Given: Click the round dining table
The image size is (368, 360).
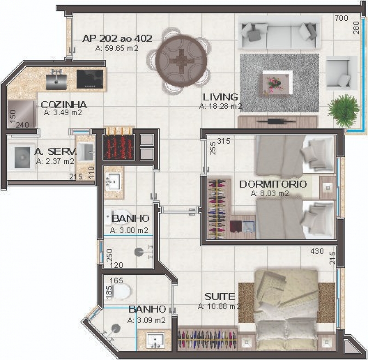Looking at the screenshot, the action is (181, 61).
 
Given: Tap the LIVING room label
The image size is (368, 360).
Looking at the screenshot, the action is (220, 97).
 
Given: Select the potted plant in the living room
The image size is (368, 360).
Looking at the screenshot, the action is (343, 108).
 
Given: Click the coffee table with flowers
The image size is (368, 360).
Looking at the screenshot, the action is (277, 82).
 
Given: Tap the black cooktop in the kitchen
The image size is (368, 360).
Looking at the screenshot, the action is (90, 79).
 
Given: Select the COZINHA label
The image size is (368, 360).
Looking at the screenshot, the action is (64, 105).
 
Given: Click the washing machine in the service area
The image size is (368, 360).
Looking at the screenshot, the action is (21, 157).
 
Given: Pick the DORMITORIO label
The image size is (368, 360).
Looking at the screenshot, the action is (273, 184).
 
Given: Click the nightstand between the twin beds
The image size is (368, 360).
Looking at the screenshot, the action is (328, 187).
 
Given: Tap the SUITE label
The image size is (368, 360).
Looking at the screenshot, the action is (219, 296).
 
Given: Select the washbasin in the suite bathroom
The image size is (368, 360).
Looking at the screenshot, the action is (155, 340).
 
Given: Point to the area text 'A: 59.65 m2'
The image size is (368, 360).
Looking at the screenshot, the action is (117, 48).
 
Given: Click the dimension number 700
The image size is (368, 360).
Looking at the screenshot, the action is (341, 18).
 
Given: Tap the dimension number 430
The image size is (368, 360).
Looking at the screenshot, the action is (317, 251).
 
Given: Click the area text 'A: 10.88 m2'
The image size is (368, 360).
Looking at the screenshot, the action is (219, 307).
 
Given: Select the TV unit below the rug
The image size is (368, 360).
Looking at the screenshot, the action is (277, 122).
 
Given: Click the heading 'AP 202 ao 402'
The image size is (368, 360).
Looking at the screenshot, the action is (117, 38).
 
